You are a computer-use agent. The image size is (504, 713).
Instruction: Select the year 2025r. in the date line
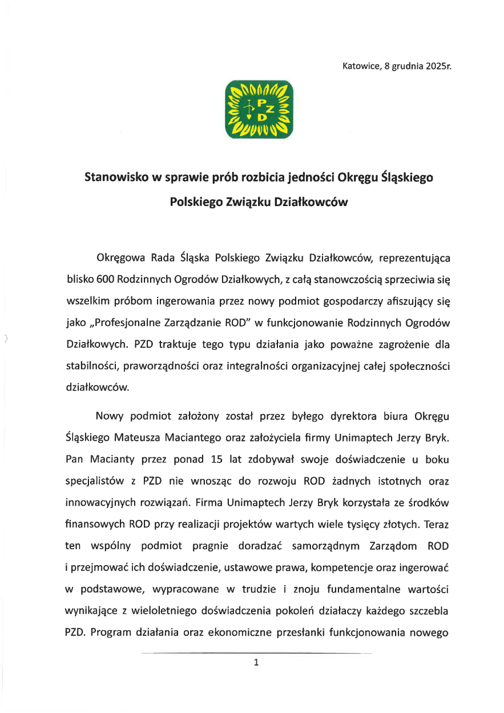pyautogui.click(x=438, y=66)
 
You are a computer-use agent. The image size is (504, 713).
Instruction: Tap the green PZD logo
pyautogui.click(x=260, y=109)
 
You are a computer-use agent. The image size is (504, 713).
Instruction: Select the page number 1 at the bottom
pyautogui.click(x=256, y=663)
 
